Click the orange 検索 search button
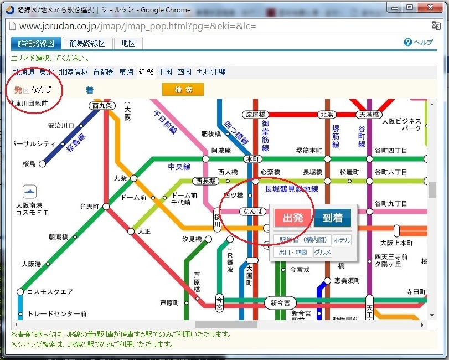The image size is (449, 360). [183, 90]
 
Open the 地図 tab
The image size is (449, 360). [128, 43]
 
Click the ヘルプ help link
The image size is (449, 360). [419, 43]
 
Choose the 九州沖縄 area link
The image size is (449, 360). [211, 72]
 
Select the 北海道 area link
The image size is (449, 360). [24, 72]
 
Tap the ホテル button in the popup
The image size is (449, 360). [342, 240]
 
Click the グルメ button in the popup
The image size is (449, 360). [323, 253]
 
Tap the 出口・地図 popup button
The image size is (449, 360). [293, 253]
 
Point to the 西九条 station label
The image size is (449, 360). [102, 105]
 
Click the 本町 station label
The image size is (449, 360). [252, 158]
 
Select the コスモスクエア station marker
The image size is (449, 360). [20, 291]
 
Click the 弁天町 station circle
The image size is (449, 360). [106, 207]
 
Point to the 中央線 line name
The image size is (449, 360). [179, 167]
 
